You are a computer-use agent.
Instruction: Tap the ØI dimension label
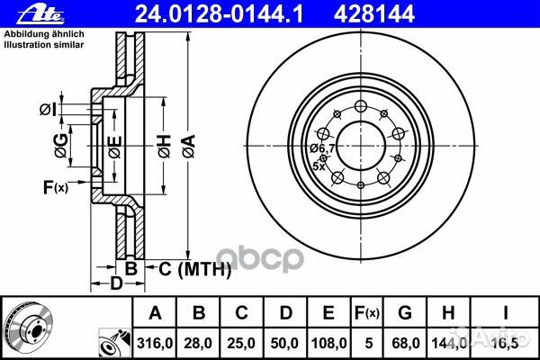coord(48,109)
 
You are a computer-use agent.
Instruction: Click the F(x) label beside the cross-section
coord(54,187)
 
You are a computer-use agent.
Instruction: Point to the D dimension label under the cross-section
coord(114,284)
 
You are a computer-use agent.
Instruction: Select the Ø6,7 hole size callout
coord(322,148)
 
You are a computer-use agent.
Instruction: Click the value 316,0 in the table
coord(155,342)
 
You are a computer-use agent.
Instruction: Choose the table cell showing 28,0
coord(200,342)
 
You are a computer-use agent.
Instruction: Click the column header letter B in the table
coord(200,312)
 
